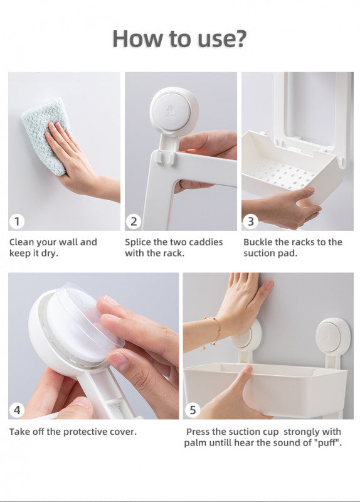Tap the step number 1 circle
(17, 222)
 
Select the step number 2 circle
(134, 222)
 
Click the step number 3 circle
(251, 222)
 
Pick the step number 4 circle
(17, 410)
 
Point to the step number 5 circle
(193, 410)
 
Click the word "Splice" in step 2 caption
(138, 242)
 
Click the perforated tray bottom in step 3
(278, 174)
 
